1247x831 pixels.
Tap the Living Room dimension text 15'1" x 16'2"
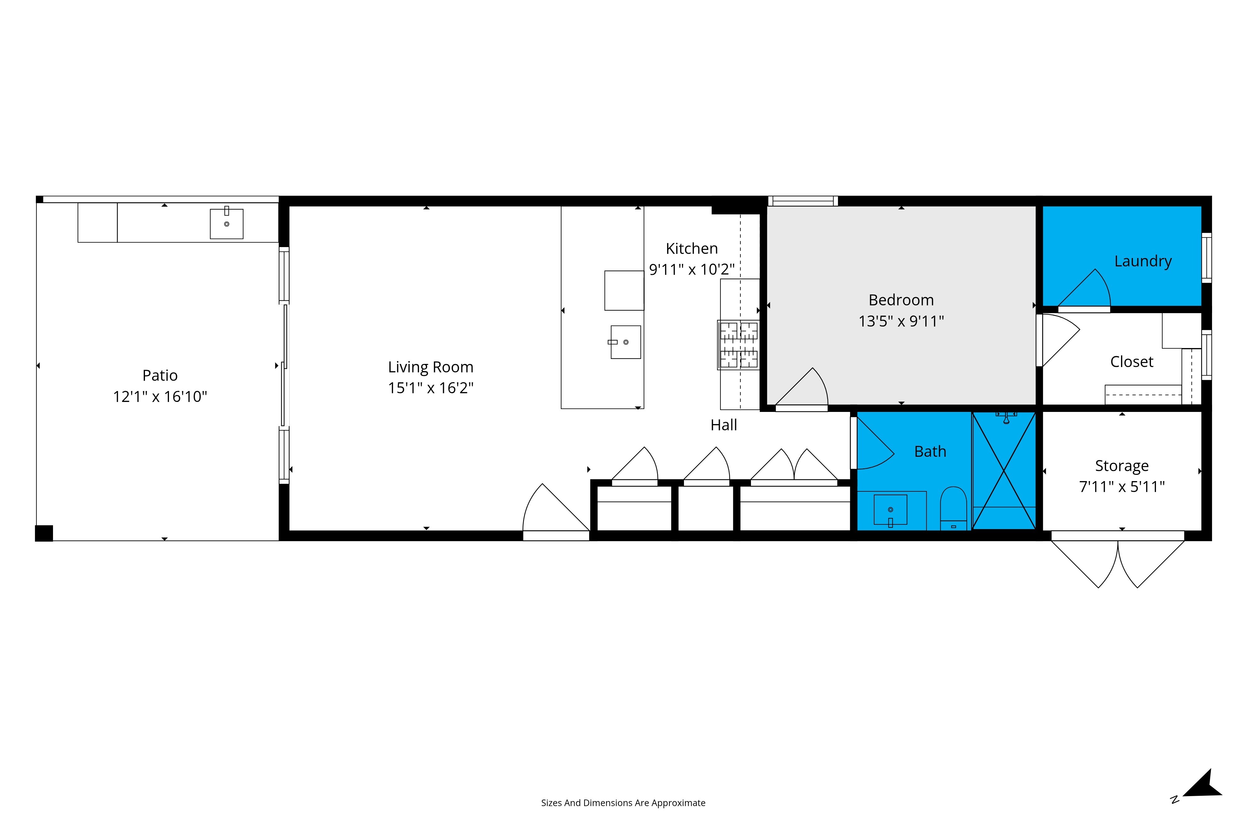coord(431,388)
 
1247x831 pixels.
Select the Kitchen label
coord(691,249)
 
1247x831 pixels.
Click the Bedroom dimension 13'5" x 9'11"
coord(901,321)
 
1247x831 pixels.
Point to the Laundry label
coord(1143,261)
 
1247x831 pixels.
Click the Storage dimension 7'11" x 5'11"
coord(1122,486)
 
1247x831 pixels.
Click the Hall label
coord(724,425)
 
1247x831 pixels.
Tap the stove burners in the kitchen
coord(739,345)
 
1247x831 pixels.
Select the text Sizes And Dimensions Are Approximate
coord(623,803)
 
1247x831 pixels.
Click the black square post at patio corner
coord(44,533)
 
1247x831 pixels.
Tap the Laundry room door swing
coord(1084,289)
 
